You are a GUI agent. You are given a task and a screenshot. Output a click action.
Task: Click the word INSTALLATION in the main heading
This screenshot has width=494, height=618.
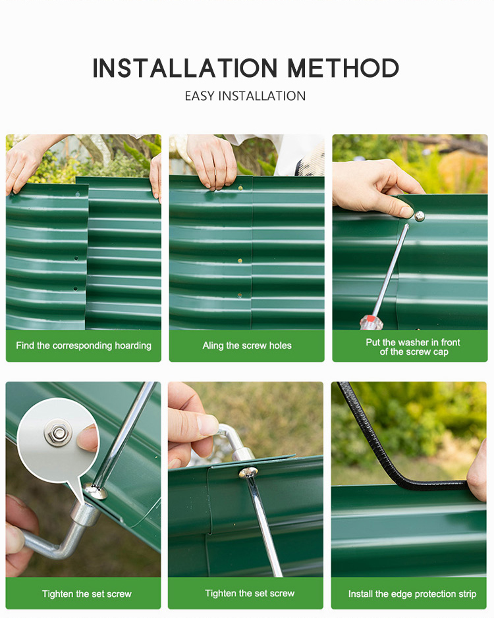[x=185, y=68]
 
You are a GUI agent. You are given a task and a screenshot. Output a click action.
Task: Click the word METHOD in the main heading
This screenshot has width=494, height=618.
[x=343, y=68]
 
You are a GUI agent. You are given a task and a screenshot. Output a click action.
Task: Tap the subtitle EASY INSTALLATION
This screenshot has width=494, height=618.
[x=245, y=96]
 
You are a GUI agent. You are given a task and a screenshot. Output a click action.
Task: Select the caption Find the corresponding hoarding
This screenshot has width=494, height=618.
[x=84, y=346]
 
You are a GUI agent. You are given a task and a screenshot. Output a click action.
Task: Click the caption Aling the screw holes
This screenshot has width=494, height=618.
[x=247, y=346]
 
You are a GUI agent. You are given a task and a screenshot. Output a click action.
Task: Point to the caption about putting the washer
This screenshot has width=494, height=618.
[x=413, y=347]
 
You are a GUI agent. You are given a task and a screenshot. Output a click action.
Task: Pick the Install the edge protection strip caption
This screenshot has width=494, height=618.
[x=412, y=594]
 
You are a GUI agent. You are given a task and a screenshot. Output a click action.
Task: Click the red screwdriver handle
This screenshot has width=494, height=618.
[x=371, y=322]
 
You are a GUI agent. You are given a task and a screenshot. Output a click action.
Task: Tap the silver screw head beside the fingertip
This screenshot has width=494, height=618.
[x=419, y=216]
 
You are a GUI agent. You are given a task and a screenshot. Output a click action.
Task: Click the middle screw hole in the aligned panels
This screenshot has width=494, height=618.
[x=240, y=261]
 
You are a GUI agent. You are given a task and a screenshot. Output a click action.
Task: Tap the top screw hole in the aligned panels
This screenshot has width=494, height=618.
[x=240, y=188]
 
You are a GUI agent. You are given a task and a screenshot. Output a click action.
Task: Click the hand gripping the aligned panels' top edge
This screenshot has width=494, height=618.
[x=212, y=161]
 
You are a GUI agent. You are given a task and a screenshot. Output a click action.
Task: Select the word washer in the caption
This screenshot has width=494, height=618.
[x=413, y=342]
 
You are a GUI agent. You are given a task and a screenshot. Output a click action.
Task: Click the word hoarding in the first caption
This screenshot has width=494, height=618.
[x=133, y=346]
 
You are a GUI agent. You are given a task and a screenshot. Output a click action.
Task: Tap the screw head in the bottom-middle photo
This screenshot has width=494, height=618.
[x=248, y=472]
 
